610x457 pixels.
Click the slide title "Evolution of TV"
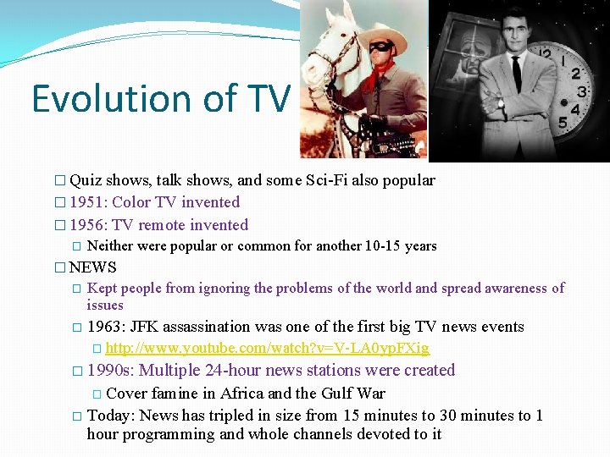click(x=161, y=99)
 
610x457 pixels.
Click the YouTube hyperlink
click(x=267, y=349)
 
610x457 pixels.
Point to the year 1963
click(x=105, y=327)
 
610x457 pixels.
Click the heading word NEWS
click(x=93, y=267)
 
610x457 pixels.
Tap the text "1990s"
click(x=109, y=370)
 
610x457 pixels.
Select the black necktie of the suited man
click(x=516, y=74)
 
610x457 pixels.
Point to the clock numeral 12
click(x=547, y=56)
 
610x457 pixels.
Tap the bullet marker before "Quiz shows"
click(x=58, y=180)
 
